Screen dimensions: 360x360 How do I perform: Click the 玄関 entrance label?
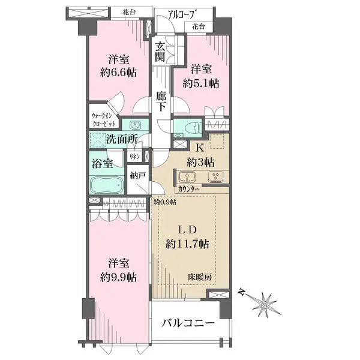point(160,52)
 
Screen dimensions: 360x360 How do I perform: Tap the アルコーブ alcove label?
point(183,14)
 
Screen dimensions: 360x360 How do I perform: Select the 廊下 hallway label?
point(161,101)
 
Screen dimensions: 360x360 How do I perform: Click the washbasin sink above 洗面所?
point(136,125)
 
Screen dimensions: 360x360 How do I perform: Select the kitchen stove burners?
point(215,176)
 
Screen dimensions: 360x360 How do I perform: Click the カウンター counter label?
point(188,189)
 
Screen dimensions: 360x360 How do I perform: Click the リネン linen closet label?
point(135,157)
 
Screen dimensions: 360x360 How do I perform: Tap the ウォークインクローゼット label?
point(104,120)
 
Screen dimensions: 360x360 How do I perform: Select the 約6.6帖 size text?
point(118,73)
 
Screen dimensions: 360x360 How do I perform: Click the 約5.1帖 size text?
point(201,83)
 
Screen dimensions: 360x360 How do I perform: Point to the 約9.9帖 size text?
point(118,277)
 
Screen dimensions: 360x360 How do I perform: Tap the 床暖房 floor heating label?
point(200,277)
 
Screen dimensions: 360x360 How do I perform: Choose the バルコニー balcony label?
point(188,323)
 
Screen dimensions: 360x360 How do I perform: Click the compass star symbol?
point(265,305)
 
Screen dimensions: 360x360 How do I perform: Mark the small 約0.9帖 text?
point(165,202)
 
